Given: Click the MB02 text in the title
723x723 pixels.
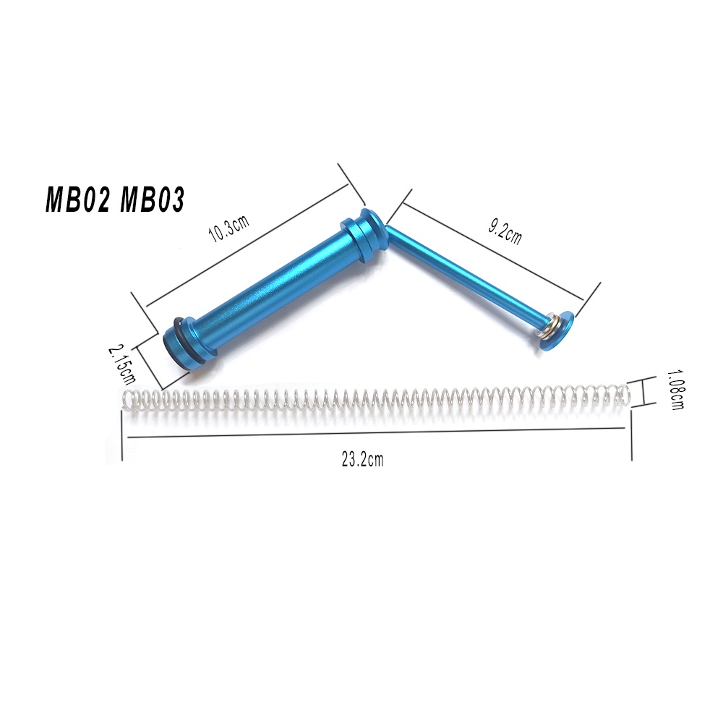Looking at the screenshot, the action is tap(77, 200).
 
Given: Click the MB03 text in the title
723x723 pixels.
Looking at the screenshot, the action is tap(152, 200).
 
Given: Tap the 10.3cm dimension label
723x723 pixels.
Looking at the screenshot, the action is tap(229, 228).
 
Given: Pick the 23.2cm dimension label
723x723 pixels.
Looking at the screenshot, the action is tap(362, 459).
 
